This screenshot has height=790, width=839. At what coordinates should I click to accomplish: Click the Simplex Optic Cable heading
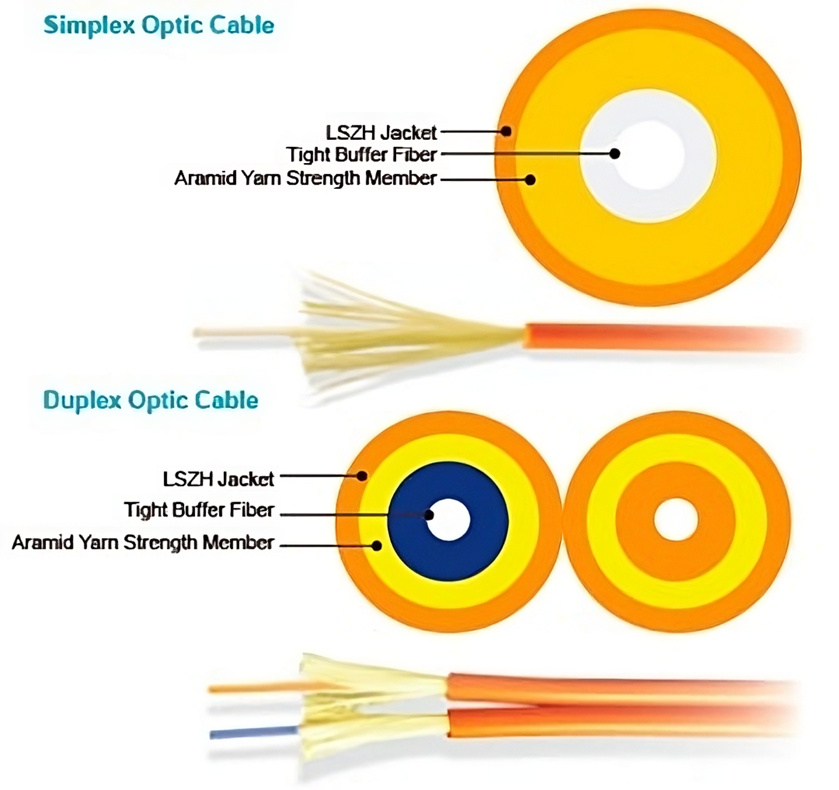click(158, 26)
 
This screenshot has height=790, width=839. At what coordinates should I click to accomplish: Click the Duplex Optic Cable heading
click(150, 401)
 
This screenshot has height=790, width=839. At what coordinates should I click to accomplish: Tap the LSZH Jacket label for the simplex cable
click(381, 133)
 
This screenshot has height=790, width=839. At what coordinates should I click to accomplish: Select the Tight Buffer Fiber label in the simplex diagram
click(361, 155)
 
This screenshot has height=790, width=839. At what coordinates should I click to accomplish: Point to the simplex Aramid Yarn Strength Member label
click(305, 178)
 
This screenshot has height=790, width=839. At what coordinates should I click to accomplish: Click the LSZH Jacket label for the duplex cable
click(218, 479)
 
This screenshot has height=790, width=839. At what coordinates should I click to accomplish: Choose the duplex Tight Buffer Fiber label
click(199, 510)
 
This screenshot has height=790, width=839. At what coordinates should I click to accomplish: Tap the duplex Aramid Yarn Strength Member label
click(143, 542)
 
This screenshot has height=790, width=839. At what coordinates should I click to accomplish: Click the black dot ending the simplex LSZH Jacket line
click(506, 132)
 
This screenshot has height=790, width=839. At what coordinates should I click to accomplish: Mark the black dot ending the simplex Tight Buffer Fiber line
click(615, 154)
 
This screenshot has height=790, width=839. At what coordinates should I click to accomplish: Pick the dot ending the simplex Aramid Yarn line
click(530, 180)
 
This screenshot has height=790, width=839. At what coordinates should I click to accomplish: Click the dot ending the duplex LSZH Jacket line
click(362, 476)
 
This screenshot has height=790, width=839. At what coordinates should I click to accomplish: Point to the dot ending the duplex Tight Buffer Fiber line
click(429, 515)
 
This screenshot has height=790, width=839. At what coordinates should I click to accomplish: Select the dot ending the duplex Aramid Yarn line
click(377, 546)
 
